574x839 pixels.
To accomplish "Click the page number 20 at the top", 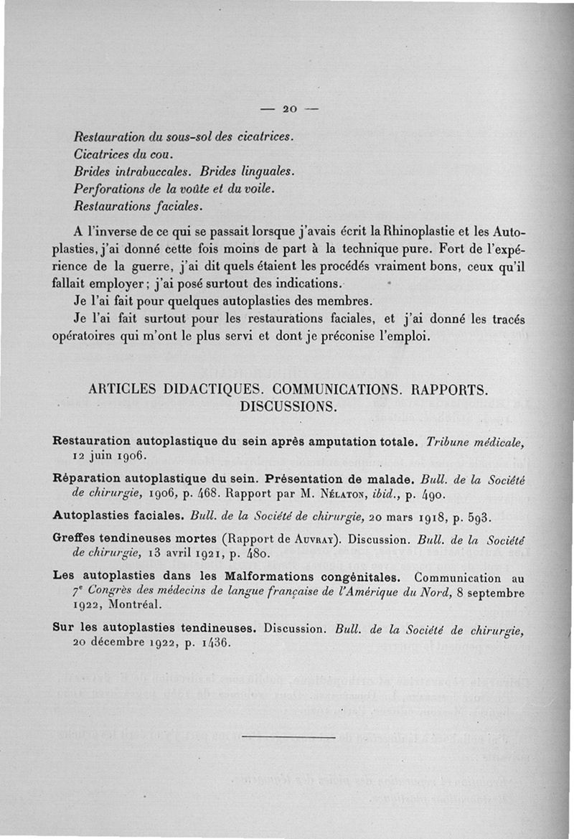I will pyautogui.click(x=290, y=109).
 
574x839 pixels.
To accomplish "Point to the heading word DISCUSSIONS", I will pyautogui.click(x=288, y=407).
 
